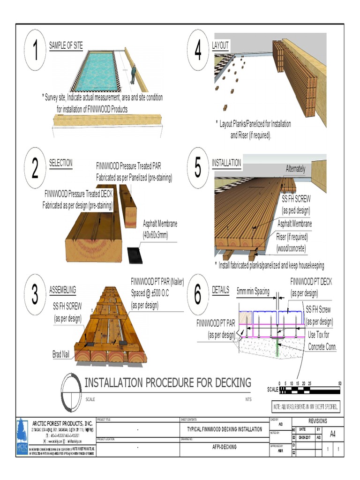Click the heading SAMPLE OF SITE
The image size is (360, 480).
(66, 45)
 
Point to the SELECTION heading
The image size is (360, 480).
(61, 163)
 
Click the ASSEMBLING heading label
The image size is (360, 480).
(62, 290)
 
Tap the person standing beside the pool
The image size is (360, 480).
(133, 74)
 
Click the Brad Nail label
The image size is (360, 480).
(61, 354)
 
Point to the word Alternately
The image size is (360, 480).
(295, 169)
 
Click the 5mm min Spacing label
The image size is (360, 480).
(253, 291)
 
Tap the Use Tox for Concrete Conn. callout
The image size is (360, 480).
(322, 341)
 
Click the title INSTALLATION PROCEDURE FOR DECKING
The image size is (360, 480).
(167, 382)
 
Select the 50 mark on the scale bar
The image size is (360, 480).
(339, 383)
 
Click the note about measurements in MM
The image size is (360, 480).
(306, 406)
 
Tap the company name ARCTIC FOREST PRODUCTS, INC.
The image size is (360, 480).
(62, 423)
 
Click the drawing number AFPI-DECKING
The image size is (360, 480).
(221, 447)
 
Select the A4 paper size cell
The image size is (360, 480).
(333, 434)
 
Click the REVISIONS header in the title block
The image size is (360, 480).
(318, 421)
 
